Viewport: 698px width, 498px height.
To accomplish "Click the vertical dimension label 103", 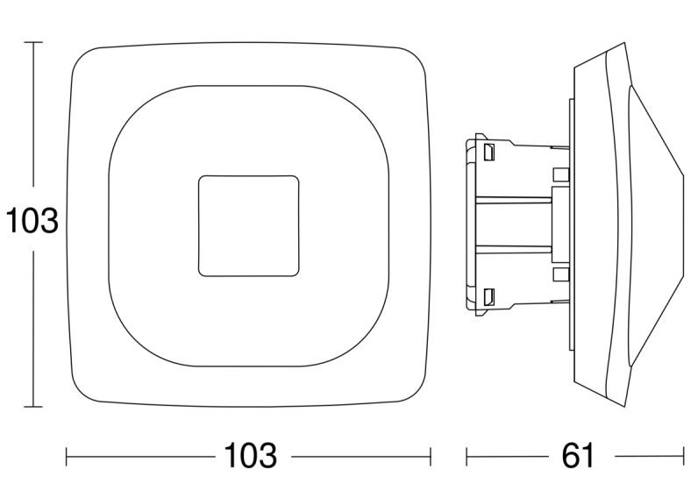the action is (x=32, y=221).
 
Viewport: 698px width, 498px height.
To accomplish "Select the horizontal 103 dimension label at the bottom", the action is (x=250, y=455).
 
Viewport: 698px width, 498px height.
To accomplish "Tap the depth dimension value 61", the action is (x=578, y=455).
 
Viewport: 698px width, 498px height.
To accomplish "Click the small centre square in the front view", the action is (x=249, y=225).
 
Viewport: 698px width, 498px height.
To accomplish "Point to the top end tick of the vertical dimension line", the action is (x=33, y=42).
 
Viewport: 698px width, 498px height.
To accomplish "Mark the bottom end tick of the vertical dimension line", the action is (x=33, y=406).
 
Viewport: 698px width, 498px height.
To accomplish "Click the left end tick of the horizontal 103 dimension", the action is (x=67, y=457).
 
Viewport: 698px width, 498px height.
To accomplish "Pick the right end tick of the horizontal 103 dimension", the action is (x=431, y=457).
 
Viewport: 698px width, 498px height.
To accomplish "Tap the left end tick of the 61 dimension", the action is (x=467, y=457).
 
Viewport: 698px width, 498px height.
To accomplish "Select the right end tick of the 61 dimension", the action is (x=683, y=457).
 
